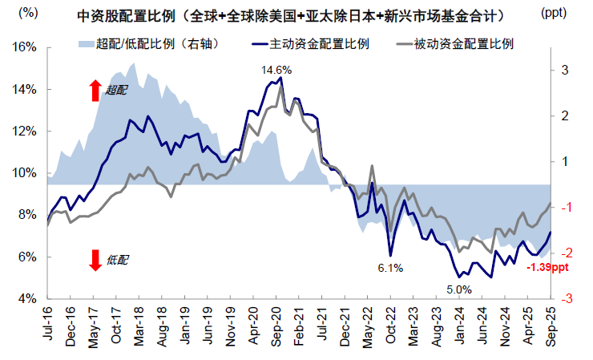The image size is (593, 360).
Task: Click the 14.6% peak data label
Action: (x=276, y=71)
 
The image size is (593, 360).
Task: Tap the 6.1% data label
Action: (x=390, y=268)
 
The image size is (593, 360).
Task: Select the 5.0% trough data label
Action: (x=460, y=289)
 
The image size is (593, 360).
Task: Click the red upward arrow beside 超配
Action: (x=95, y=91)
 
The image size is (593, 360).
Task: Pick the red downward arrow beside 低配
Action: (x=95, y=260)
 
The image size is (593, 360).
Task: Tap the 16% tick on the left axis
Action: (x=26, y=47)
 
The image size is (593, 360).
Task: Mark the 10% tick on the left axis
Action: (x=26, y=173)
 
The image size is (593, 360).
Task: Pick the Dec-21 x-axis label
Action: (x=345, y=328)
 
